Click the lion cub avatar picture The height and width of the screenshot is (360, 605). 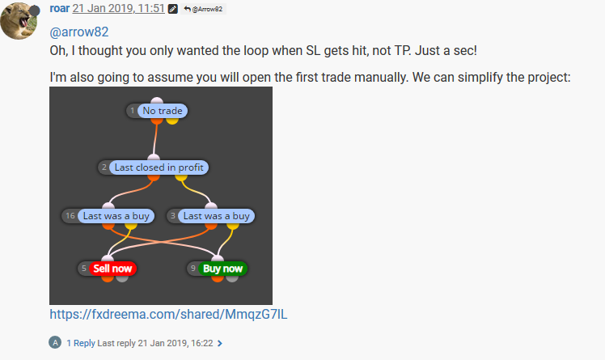pos(19,21)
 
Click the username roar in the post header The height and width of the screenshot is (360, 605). pos(59,8)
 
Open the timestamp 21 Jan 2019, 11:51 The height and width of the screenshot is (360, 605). pos(118,8)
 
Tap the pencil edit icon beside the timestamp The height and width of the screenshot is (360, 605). pos(173,9)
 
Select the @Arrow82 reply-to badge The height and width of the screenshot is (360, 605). pos(203,9)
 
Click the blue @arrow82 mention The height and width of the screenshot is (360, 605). pos(79,32)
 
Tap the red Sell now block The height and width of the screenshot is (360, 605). pos(112,269)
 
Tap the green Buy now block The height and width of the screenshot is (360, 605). pos(222,269)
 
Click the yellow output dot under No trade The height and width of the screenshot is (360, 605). pos(172,121)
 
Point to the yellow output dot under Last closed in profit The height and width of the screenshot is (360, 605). pos(181,177)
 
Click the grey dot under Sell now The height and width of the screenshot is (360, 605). pos(122,277)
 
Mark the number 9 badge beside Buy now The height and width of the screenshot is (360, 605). pos(193,268)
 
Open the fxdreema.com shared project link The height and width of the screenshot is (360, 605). pos(168,314)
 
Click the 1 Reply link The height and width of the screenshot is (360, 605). pos(81,343)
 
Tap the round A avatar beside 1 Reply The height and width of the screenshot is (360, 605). pos(55,342)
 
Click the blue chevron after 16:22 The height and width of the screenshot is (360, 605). pos(219,343)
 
